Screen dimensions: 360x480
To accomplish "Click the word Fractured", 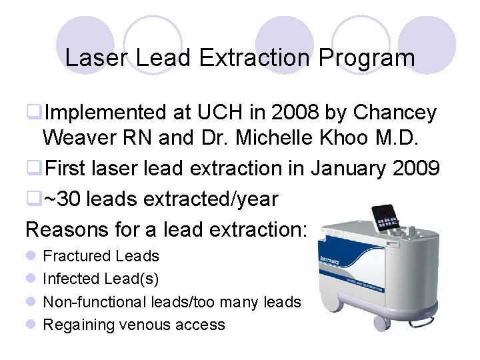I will [x=77, y=256].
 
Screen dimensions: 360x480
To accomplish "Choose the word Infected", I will [x=72, y=279].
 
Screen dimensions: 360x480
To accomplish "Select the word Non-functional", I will [x=93, y=302].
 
